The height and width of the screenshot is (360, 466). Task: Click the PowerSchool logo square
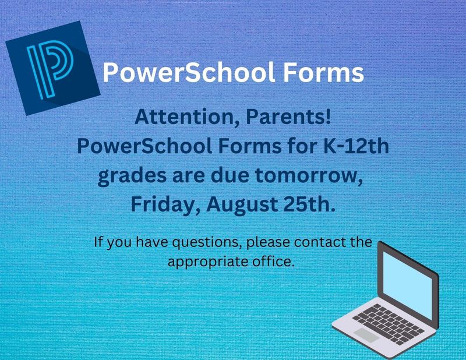(x=53, y=68)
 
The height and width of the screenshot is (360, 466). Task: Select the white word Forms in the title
(x=323, y=72)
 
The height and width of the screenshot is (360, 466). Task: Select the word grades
(x=132, y=177)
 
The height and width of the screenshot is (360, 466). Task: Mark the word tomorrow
(x=309, y=176)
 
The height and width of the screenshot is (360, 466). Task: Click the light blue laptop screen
(x=407, y=285)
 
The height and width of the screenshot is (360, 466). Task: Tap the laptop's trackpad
(x=366, y=335)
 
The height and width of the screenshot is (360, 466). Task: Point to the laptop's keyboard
(x=389, y=324)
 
